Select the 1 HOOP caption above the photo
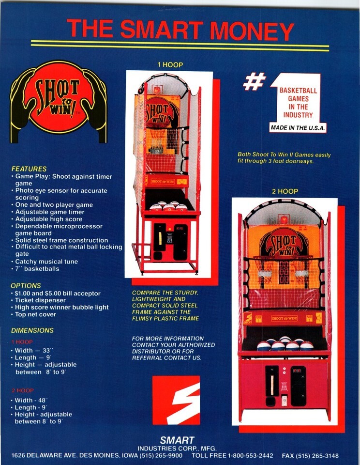point(169,64)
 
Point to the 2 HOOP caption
point(285,191)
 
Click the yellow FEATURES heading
point(29,169)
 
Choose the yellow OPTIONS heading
point(26,286)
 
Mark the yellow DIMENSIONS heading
point(32,330)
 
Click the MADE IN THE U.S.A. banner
point(298,128)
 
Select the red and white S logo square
point(176,400)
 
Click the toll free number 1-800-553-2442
point(250,456)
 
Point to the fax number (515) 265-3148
point(317,456)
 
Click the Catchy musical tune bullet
point(46,262)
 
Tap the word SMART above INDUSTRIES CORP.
point(177,441)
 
